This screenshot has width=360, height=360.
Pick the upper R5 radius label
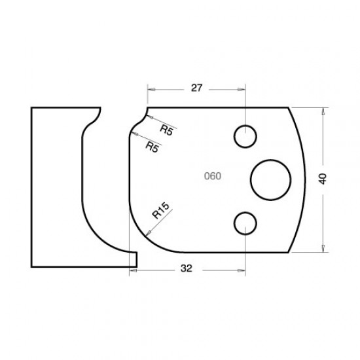[166, 130]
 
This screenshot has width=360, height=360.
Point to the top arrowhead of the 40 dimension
[323, 111]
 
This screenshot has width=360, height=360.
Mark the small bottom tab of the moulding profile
[133, 259]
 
